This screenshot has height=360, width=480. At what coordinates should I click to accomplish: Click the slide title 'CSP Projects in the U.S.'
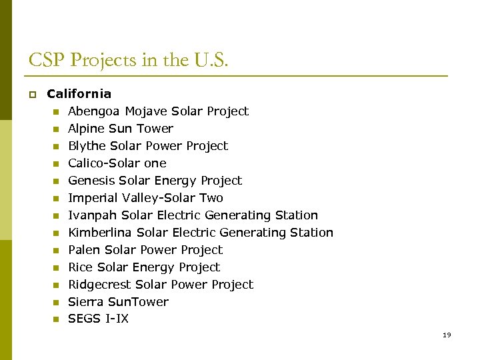pyautogui.click(x=128, y=61)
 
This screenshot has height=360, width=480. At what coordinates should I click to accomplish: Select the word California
pyautogui.click(x=79, y=94)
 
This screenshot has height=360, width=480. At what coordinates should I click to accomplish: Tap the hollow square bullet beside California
pyautogui.click(x=31, y=95)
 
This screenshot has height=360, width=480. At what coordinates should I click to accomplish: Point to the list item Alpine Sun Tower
pyautogui.click(x=120, y=129)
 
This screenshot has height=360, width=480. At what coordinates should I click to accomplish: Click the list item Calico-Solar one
pyautogui.click(x=117, y=163)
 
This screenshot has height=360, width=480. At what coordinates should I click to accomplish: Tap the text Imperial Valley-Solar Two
pyautogui.click(x=145, y=198)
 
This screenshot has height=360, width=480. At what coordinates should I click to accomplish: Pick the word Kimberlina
pyautogui.click(x=99, y=233)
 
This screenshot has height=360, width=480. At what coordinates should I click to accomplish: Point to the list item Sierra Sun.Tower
pyautogui.click(x=118, y=302)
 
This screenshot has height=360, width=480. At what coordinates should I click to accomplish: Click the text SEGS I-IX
pyautogui.click(x=98, y=319)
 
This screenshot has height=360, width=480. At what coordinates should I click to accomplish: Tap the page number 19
pyautogui.click(x=447, y=335)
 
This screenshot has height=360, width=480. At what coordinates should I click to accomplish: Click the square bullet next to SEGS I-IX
pyautogui.click(x=56, y=319)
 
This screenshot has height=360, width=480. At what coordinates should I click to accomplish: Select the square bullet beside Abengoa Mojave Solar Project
pyautogui.click(x=56, y=112)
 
